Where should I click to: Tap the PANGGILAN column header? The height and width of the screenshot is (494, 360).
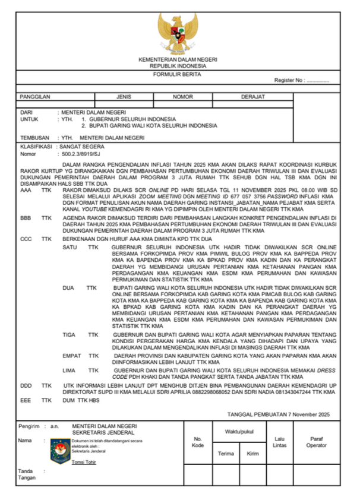click(x=35, y=96)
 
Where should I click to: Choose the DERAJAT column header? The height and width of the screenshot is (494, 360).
click(x=252, y=96)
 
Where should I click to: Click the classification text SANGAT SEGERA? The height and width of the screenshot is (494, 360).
click(x=81, y=146)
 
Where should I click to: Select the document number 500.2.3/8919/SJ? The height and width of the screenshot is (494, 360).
click(x=81, y=153)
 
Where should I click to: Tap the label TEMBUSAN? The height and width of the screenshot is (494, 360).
click(x=33, y=137)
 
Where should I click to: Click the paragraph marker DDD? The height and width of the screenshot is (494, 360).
click(x=26, y=385)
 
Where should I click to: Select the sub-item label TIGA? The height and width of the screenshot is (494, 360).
click(x=70, y=335)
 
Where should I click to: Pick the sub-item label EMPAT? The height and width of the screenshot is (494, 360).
click(x=72, y=355)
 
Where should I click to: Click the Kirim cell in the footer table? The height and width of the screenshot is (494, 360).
click(x=252, y=454)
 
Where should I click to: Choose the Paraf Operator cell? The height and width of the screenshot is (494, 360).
click(x=316, y=442)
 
